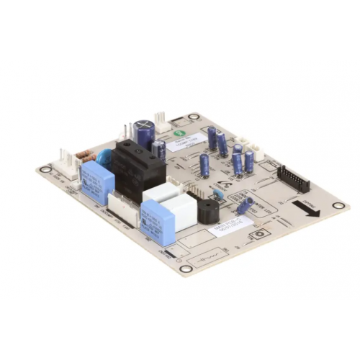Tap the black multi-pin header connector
click(x=293, y=179)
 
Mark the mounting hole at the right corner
click(x=338, y=206)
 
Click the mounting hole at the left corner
click(x=45, y=171)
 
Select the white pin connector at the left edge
click(x=67, y=162)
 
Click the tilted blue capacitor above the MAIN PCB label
click(x=244, y=206)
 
